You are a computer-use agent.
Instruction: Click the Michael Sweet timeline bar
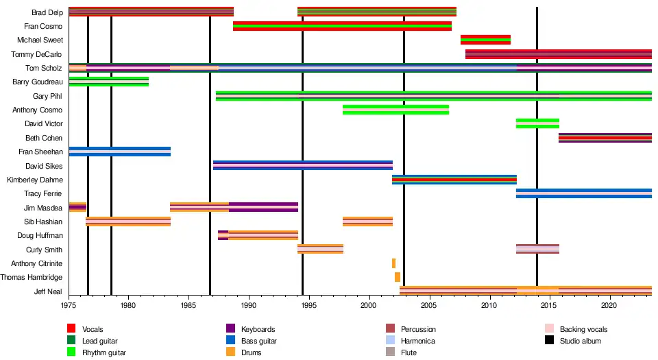tap(485, 40)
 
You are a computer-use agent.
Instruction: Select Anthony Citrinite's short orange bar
tap(393, 263)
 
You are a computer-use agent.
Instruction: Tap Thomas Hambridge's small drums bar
tap(398, 277)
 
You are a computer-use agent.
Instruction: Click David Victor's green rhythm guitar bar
tap(537, 123)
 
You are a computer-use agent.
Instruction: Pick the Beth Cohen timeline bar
tap(605, 138)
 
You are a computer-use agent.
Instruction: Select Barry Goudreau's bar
tap(108, 82)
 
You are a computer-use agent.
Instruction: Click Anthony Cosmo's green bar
tap(395, 110)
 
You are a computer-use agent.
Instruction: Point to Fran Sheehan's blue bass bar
tap(119, 152)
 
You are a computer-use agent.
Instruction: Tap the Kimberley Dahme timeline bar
tap(454, 180)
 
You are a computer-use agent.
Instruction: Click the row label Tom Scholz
tap(44, 68)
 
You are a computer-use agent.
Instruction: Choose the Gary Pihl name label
tap(47, 96)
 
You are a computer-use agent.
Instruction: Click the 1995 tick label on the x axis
tap(308, 305)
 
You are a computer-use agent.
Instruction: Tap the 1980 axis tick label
tap(127, 305)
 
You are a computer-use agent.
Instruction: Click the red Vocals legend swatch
tap(71, 329)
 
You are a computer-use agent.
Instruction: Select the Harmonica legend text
tap(418, 341)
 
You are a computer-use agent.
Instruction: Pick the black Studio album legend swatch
tap(549, 341)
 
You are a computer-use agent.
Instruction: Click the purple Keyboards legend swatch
tap(230, 329)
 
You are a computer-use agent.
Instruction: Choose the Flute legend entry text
tap(410, 352)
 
